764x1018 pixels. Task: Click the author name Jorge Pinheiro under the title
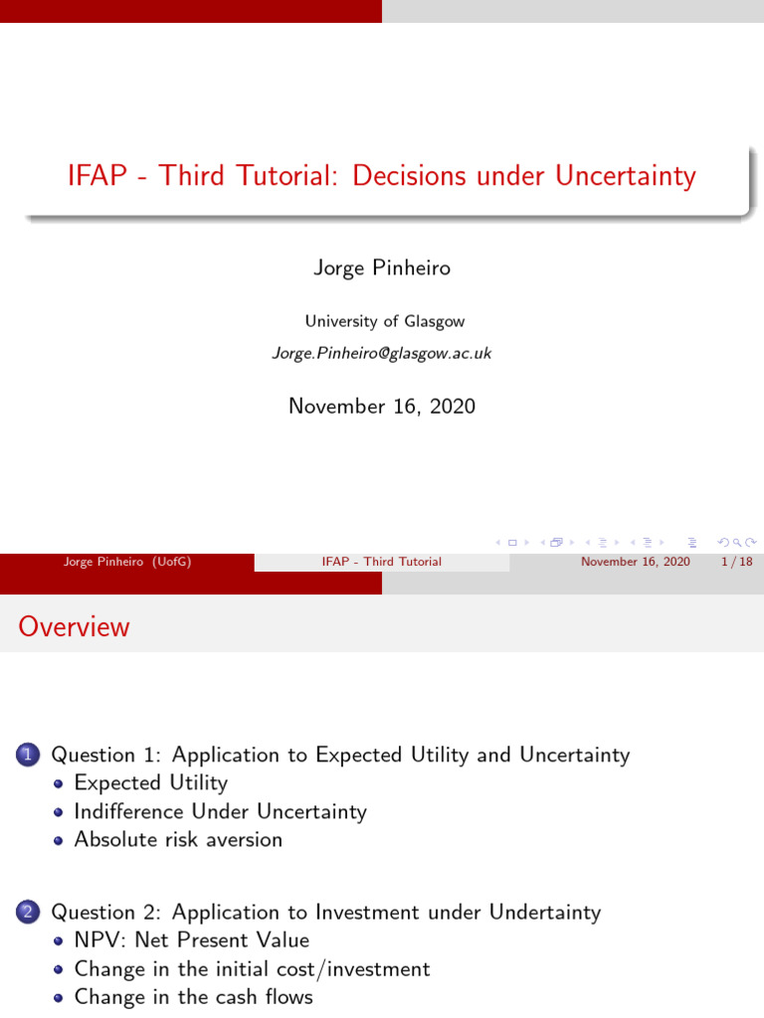point(382,268)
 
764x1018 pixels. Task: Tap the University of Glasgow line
point(384,321)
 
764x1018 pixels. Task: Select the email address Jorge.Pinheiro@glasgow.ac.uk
point(382,353)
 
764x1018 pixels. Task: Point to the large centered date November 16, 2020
point(382,406)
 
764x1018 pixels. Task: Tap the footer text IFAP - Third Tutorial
point(382,562)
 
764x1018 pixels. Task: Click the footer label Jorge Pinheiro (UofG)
point(126,562)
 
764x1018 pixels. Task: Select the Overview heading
point(74,626)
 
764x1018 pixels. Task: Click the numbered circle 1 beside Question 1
point(27,756)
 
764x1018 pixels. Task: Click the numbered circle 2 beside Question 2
point(27,913)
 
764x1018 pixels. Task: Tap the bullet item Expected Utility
point(150,783)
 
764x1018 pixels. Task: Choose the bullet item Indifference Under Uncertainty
point(220,811)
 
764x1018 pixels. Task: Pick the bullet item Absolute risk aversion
point(178,839)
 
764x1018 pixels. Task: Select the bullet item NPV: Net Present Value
point(192,939)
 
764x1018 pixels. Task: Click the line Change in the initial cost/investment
point(252,968)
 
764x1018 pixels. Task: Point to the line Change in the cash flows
point(193,996)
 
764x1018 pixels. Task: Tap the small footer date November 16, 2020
point(635,562)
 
